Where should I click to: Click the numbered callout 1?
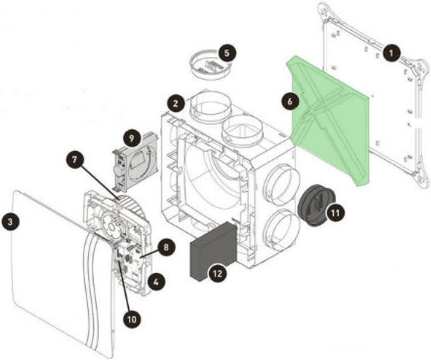pos(392,54)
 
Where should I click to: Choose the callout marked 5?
pos(226,53)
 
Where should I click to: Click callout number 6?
pos(290,101)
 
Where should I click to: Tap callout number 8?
pos(164,248)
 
